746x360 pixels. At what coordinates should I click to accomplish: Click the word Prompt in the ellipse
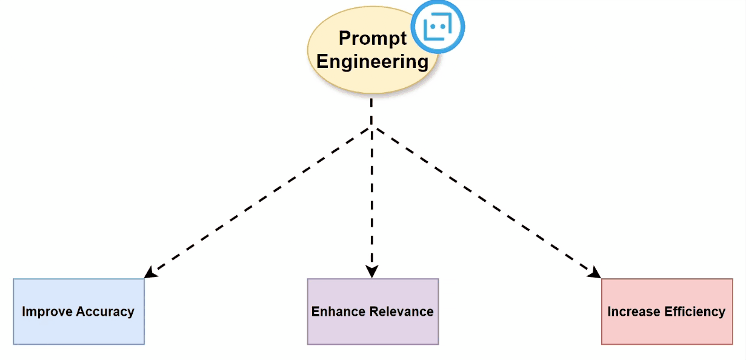(x=372, y=38)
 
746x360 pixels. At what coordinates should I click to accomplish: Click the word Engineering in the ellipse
(x=372, y=62)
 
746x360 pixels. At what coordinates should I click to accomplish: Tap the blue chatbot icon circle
(x=437, y=27)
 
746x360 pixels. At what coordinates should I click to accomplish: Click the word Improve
(x=44, y=312)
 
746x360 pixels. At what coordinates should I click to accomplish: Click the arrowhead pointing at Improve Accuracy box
(x=150, y=273)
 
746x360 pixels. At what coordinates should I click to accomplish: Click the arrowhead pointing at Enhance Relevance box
(x=371, y=272)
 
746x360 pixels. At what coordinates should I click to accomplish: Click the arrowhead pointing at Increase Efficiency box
(x=594, y=273)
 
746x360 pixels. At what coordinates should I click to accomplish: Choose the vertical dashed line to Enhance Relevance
(x=371, y=200)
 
